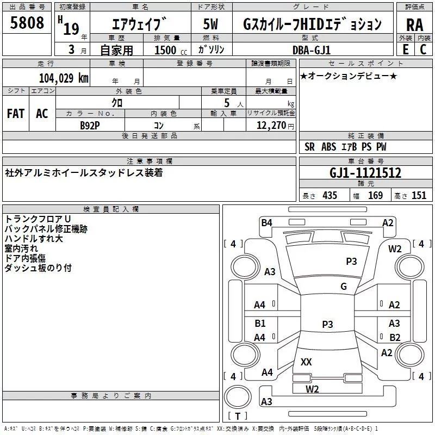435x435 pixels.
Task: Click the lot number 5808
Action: [27, 23]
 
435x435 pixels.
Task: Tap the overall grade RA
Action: [414, 25]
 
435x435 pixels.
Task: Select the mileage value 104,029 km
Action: [64, 78]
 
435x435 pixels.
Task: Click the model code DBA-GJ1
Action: [312, 50]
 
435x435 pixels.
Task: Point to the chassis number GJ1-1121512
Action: [365, 173]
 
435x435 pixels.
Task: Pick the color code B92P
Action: [90, 126]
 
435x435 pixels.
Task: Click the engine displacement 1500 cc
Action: [171, 50]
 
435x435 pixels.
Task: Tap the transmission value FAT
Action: [16, 114]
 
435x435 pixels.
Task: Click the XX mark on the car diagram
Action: [306, 362]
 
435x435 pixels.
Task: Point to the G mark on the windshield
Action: [344, 286]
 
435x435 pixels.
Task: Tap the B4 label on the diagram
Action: [266, 222]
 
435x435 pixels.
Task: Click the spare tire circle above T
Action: [238, 397]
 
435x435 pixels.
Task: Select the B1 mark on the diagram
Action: [260, 323]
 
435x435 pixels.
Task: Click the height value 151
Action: [419, 195]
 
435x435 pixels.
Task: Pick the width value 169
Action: [375, 195]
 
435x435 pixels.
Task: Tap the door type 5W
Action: [210, 24]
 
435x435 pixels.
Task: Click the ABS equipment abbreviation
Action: [328, 147]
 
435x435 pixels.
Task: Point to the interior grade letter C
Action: [423, 49]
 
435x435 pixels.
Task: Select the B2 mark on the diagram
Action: [395, 337]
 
